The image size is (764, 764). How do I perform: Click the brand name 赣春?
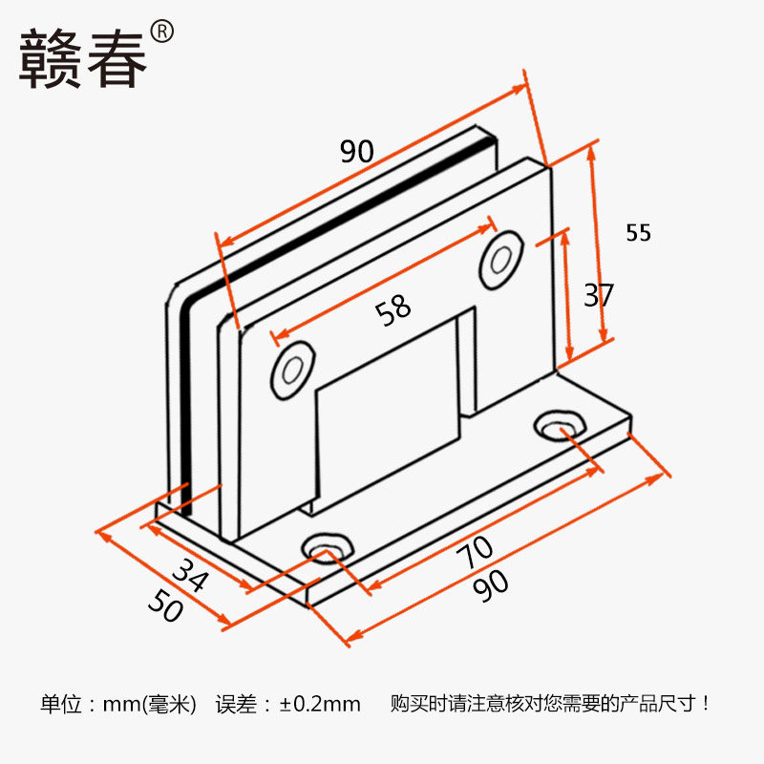(84, 59)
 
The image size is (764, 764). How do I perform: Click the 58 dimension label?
(393, 308)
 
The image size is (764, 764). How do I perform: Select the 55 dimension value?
(639, 232)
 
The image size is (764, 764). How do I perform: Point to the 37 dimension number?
(599, 295)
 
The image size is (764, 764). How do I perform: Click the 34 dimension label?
(189, 576)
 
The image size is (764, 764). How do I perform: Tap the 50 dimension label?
(164, 605)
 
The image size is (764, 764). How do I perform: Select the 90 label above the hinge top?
(356, 151)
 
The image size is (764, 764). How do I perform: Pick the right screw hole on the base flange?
(559, 425)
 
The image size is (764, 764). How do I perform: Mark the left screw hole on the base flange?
(327, 548)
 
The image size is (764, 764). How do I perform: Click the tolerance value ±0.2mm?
(321, 705)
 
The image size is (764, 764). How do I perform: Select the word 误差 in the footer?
(236, 705)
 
